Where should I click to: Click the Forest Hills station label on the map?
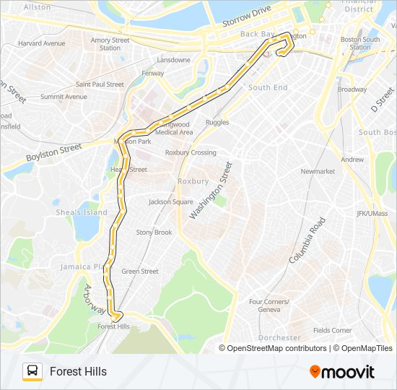(x=113, y=326)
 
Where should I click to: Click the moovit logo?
(x=342, y=372)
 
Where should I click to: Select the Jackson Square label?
(x=170, y=202)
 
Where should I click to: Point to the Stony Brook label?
(x=154, y=233)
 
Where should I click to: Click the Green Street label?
(x=140, y=272)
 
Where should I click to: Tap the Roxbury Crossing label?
(x=191, y=152)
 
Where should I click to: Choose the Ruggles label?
(x=217, y=123)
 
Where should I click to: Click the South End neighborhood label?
(x=268, y=88)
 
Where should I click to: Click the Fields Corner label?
(x=332, y=331)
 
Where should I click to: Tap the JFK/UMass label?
(x=372, y=214)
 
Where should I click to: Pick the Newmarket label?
(x=318, y=172)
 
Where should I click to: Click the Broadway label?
(x=352, y=90)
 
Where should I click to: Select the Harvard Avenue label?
(x=41, y=43)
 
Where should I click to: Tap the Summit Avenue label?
(x=64, y=97)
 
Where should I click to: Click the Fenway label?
(x=153, y=73)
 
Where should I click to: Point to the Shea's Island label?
(x=82, y=212)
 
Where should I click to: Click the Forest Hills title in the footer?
(x=78, y=371)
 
